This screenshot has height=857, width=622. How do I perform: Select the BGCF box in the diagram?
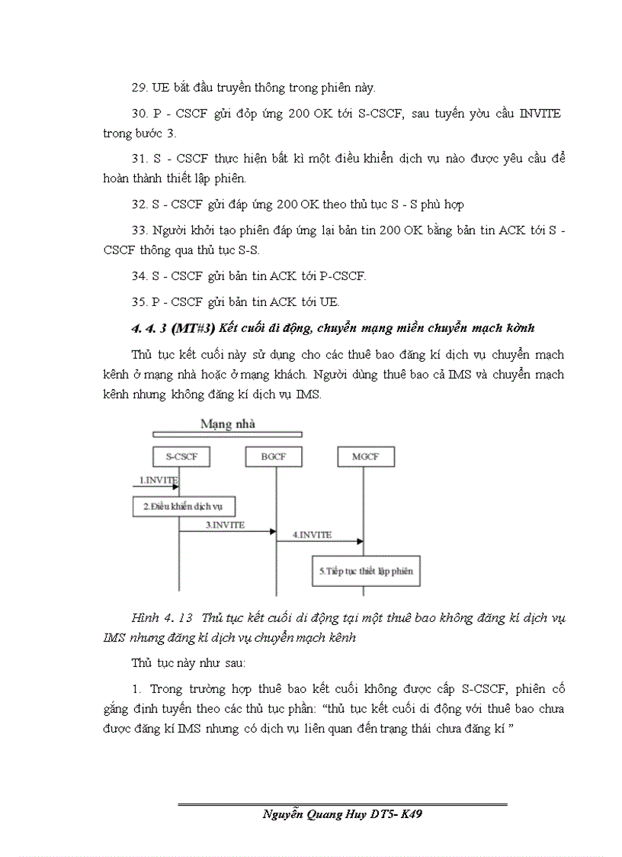coord(274,457)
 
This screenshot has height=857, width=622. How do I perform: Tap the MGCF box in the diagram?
coord(364,457)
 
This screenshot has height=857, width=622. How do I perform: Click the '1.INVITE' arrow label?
coord(158,480)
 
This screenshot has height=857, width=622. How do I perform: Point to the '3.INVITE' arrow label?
coord(225,525)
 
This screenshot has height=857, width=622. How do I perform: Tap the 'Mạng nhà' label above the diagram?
coord(228,424)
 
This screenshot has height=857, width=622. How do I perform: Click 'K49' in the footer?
coord(410,815)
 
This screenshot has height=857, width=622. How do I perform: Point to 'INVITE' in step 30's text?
coord(540,113)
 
